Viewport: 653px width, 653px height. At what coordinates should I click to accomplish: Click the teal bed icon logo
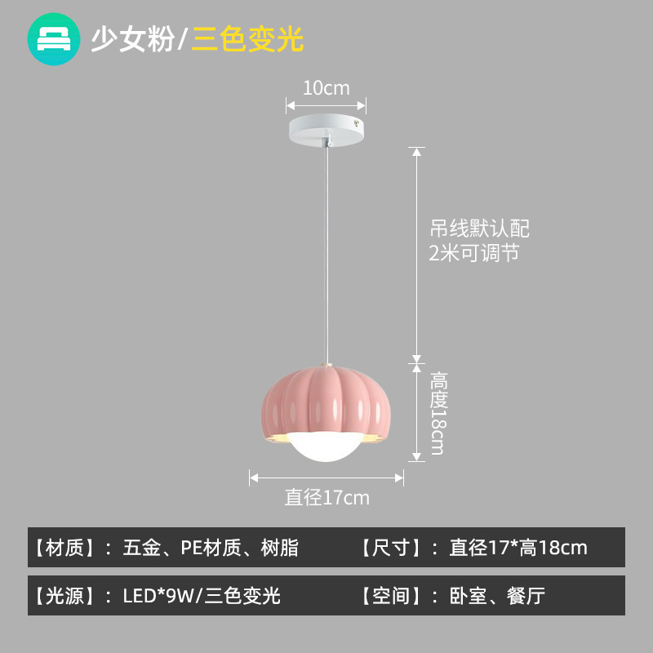coord(54,38)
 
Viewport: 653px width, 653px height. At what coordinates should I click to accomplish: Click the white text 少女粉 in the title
coord(132,39)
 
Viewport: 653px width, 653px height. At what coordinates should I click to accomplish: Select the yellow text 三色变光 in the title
coord(248,39)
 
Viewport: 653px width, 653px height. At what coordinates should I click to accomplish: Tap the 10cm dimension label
coord(326,87)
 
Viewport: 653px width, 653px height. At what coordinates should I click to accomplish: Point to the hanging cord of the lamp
coord(326,245)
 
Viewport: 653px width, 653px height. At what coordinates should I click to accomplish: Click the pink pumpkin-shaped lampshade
coord(326,400)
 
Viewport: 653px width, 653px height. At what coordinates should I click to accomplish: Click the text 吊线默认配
coord(480,228)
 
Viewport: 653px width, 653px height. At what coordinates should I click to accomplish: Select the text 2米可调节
coord(474,253)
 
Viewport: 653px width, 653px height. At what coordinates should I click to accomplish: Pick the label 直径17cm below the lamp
coord(326,497)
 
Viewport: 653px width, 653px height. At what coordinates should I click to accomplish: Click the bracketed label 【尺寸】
coord(389,548)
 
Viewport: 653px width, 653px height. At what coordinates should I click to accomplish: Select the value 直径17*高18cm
coord(518,548)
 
